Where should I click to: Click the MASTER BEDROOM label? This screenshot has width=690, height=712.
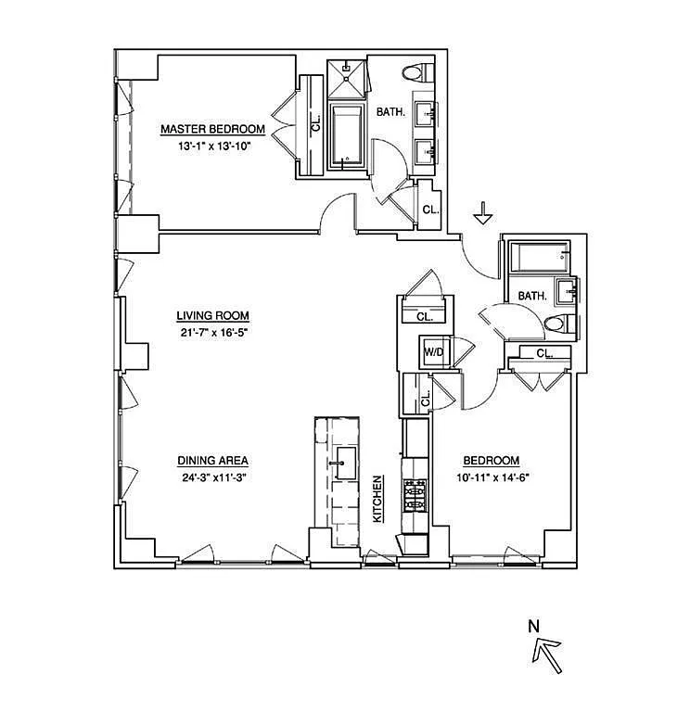point(212,129)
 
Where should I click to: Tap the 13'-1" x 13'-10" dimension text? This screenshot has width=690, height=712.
point(214,146)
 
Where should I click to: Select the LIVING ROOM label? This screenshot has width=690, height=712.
point(212,315)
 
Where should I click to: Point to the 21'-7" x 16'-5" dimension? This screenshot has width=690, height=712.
point(213,333)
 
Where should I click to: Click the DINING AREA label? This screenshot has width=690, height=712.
point(212,461)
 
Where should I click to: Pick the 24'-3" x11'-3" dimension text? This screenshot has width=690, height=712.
point(214,477)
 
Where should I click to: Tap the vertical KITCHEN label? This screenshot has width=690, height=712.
point(377,499)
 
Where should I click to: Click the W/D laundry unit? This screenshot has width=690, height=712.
point(434,352)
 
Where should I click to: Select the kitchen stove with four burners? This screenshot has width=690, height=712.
point(415,494)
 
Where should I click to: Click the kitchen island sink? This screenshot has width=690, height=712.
point(346,464)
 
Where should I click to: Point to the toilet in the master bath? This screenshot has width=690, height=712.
point(418,72)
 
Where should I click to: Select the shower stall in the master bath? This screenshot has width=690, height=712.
point(347,79)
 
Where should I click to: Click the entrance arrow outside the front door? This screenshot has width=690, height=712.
point(482,212)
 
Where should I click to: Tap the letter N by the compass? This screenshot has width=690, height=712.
point(534,627)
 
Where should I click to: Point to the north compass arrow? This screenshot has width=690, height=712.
point(547,655)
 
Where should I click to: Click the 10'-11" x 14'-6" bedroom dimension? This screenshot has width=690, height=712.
point(492,477)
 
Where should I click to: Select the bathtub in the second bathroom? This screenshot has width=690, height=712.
point(539,257)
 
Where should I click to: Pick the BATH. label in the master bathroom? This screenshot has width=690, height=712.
point(390,111)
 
